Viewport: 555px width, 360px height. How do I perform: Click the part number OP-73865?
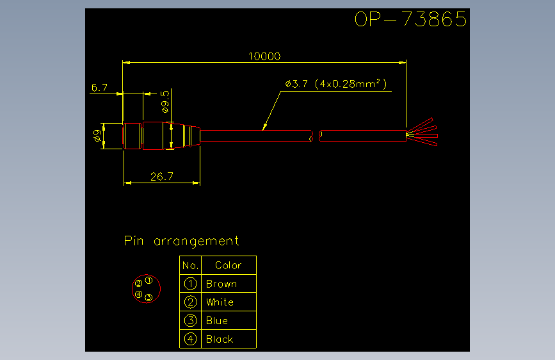[x=410, y=19]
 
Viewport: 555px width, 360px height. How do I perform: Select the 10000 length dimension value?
[x=264, y=56]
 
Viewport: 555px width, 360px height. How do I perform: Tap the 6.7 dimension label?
[x=99, y=88]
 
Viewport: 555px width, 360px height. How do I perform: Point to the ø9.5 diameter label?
[x=165, y=102]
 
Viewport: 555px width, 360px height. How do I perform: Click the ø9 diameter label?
[x=97, y=136]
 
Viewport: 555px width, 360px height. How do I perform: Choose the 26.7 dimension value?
[x=162, y=176]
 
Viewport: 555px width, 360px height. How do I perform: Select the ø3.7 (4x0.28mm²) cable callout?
[x=336, y=84]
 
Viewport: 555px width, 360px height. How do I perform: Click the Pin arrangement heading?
[x=182, y=241]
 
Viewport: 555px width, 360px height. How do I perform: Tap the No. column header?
[x=190, y=265]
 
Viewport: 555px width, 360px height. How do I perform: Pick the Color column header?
[x=229, y=265]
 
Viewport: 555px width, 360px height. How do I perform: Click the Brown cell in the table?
[x=221, y=284]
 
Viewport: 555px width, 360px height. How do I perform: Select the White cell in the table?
[x=220, y=302]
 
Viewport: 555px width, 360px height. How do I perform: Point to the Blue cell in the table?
[x=217, y=321]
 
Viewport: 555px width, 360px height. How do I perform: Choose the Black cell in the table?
[x=220, y=339]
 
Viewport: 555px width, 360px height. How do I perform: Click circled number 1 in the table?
[x=190, y=284]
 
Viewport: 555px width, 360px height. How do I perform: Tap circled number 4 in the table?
[x=190, y=339]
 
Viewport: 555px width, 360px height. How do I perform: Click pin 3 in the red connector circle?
[x=149, y=297]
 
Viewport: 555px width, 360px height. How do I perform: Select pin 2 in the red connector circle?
[x=138, y=283]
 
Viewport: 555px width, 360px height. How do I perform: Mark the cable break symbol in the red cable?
[x=316, y=136]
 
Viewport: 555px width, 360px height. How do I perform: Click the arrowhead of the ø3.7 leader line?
[x=264, y=127]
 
